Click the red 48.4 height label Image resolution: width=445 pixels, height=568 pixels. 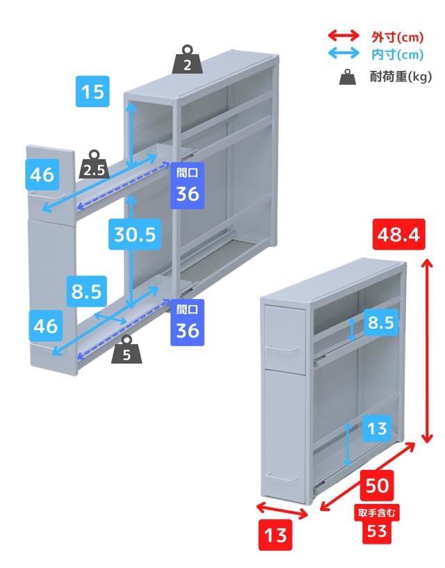point(398,234)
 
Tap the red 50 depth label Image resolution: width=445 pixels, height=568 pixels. point(378,485)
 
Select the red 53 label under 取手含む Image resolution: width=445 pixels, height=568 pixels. point(377,531)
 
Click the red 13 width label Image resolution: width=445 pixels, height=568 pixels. point(275,535)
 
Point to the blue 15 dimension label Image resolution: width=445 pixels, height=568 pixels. point(92,91)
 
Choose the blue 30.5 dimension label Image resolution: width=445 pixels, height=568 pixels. point(135,234)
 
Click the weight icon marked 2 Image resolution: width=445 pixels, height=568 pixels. point(187,60)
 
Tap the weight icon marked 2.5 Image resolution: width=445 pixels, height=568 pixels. point(95,165)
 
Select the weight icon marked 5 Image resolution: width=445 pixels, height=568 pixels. point(127,350)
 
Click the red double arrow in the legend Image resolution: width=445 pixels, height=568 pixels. point(343,36)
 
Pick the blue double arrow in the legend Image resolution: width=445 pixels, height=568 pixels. point(343,54)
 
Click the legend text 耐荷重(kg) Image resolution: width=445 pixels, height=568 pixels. point(400,76)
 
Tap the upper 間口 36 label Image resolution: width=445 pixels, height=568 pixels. point(187,186)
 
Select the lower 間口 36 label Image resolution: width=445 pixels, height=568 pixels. point(187,323)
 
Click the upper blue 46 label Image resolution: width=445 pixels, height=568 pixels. point(42,175)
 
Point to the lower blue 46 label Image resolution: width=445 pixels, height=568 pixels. point(46,326)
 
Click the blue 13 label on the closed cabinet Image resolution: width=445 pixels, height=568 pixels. point(376,428)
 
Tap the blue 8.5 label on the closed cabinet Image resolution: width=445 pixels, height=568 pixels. point(381,322)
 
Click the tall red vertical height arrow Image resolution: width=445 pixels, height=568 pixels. point(428,350)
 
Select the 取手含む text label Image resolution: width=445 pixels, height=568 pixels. point(377,512)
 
